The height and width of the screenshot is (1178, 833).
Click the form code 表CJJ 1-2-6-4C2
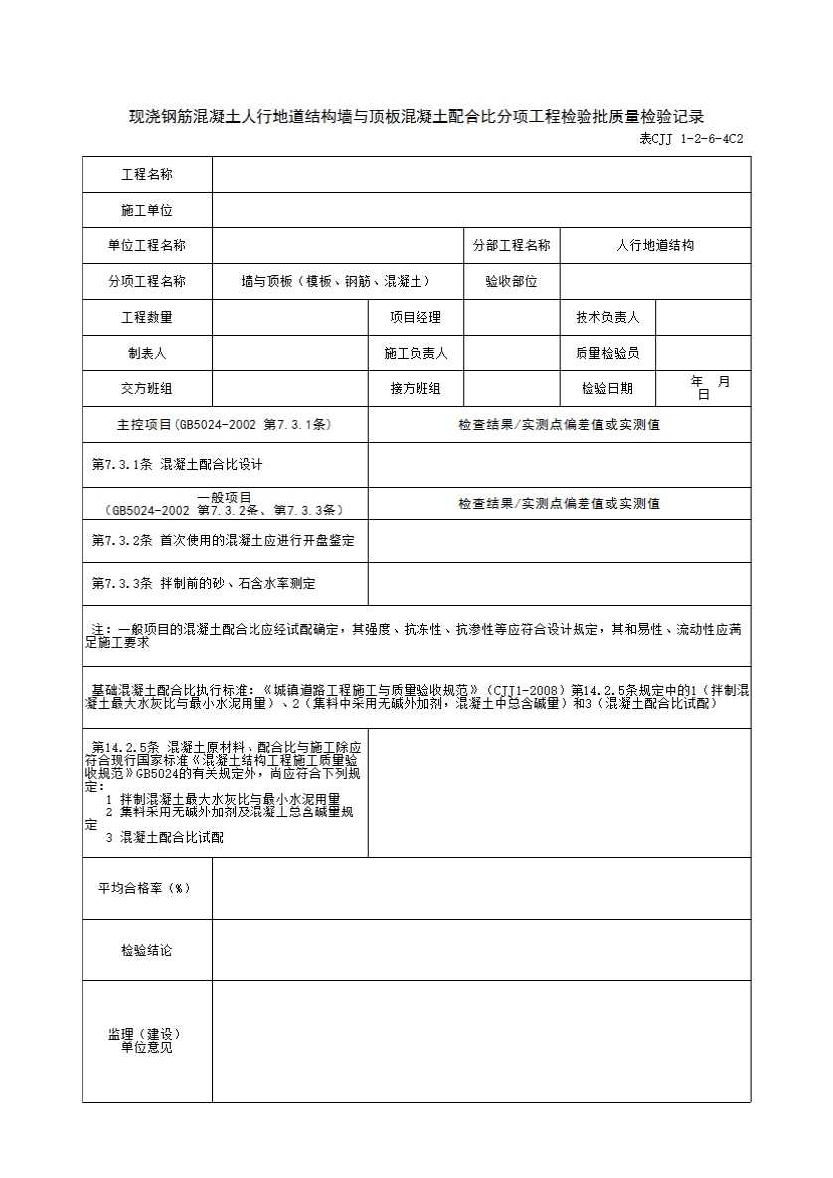tap(691, 139)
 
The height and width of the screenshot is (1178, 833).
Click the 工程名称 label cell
tap(147, 175)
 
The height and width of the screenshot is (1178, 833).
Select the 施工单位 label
tap(147, 211)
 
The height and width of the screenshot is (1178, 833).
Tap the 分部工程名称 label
tap(511, 246)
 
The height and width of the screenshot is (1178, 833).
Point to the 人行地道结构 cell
tap(655, 246)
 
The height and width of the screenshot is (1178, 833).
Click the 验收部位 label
tap(511, 282)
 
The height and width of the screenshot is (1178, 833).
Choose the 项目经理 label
tap(416, 318)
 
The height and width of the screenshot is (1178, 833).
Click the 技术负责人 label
tap(607, 318)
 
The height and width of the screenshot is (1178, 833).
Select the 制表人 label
tap(147, 354)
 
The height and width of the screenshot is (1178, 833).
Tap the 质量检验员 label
tap(607, 354)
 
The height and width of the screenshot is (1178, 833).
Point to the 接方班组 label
tap(416, 389)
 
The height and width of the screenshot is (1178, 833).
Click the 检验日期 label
tap(607, 389)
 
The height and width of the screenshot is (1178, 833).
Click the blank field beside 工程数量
tap(289, 318)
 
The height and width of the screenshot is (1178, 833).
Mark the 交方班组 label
tap(147, 389)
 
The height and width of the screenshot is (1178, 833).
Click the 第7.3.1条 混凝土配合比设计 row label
tap(178, 464)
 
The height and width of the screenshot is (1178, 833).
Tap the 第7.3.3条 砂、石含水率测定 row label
tap(204, 584)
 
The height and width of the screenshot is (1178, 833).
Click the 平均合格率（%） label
tap(144, 888)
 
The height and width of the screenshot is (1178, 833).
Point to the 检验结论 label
tap(147, 951)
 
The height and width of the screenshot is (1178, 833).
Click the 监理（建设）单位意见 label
tap(145, 1041)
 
